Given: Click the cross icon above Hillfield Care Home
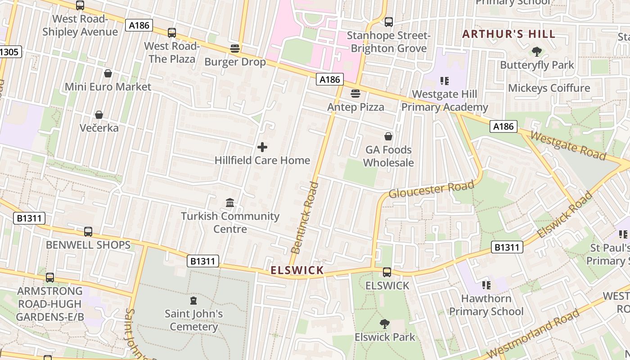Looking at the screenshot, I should coord(262,147).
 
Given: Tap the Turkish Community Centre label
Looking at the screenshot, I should coord(230,222).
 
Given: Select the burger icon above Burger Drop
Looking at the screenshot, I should coord(235,49).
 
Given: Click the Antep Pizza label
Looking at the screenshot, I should coord(355,107).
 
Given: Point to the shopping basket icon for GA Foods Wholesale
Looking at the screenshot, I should coord(388,136).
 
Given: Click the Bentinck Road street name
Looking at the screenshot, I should coord(305,218).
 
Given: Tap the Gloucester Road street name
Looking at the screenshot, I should coord(431,189).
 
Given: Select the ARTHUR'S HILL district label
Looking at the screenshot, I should coord(508,34).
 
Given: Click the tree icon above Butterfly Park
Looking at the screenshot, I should coord(536,52).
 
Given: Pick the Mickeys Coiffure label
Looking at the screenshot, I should coord(549,88).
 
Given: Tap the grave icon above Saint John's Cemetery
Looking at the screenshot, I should coord(193,300).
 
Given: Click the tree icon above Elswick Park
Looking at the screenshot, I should coord(384,324).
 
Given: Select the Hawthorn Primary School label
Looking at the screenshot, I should coord(486,305).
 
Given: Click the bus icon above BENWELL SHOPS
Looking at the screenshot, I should coord(88,232).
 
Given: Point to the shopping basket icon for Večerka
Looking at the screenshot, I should coord(99,115).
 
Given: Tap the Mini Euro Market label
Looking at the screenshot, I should coord(108,87).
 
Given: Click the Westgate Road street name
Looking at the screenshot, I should coord(568,145).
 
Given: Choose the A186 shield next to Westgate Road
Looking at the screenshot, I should coord(503,126).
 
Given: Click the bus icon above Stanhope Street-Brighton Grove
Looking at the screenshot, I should coord(389,22).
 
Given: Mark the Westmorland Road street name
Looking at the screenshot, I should coord(533,334).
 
